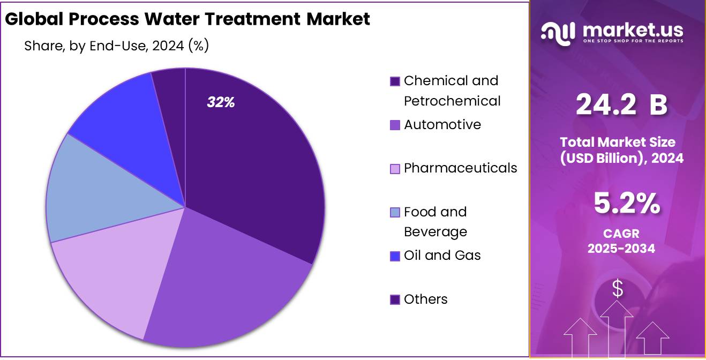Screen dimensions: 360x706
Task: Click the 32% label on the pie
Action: [x=221, y=102]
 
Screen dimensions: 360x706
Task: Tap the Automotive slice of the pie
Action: [x=225, y=279]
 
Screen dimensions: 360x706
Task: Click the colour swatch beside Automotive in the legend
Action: [x=395, y=125]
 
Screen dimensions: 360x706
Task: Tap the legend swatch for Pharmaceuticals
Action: [x=395, y=169]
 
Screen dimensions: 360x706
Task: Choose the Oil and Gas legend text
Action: [x=442, y=256]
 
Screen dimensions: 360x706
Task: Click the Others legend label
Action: [x=425, y=299]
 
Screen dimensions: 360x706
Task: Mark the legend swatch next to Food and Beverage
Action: [x=395, y=213]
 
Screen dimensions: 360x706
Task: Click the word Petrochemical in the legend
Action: [x=452, y=101]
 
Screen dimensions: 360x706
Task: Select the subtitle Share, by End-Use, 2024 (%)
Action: [x=116, y=46]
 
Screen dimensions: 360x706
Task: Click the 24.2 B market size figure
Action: [x=621, y=104]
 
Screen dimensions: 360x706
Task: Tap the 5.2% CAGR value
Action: [x=627, y=204]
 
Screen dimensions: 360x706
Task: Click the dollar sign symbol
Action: [x=618, y=289]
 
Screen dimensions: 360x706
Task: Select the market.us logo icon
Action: [x=558, y=33]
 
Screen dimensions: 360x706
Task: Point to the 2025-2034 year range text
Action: [x=621, y=249]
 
